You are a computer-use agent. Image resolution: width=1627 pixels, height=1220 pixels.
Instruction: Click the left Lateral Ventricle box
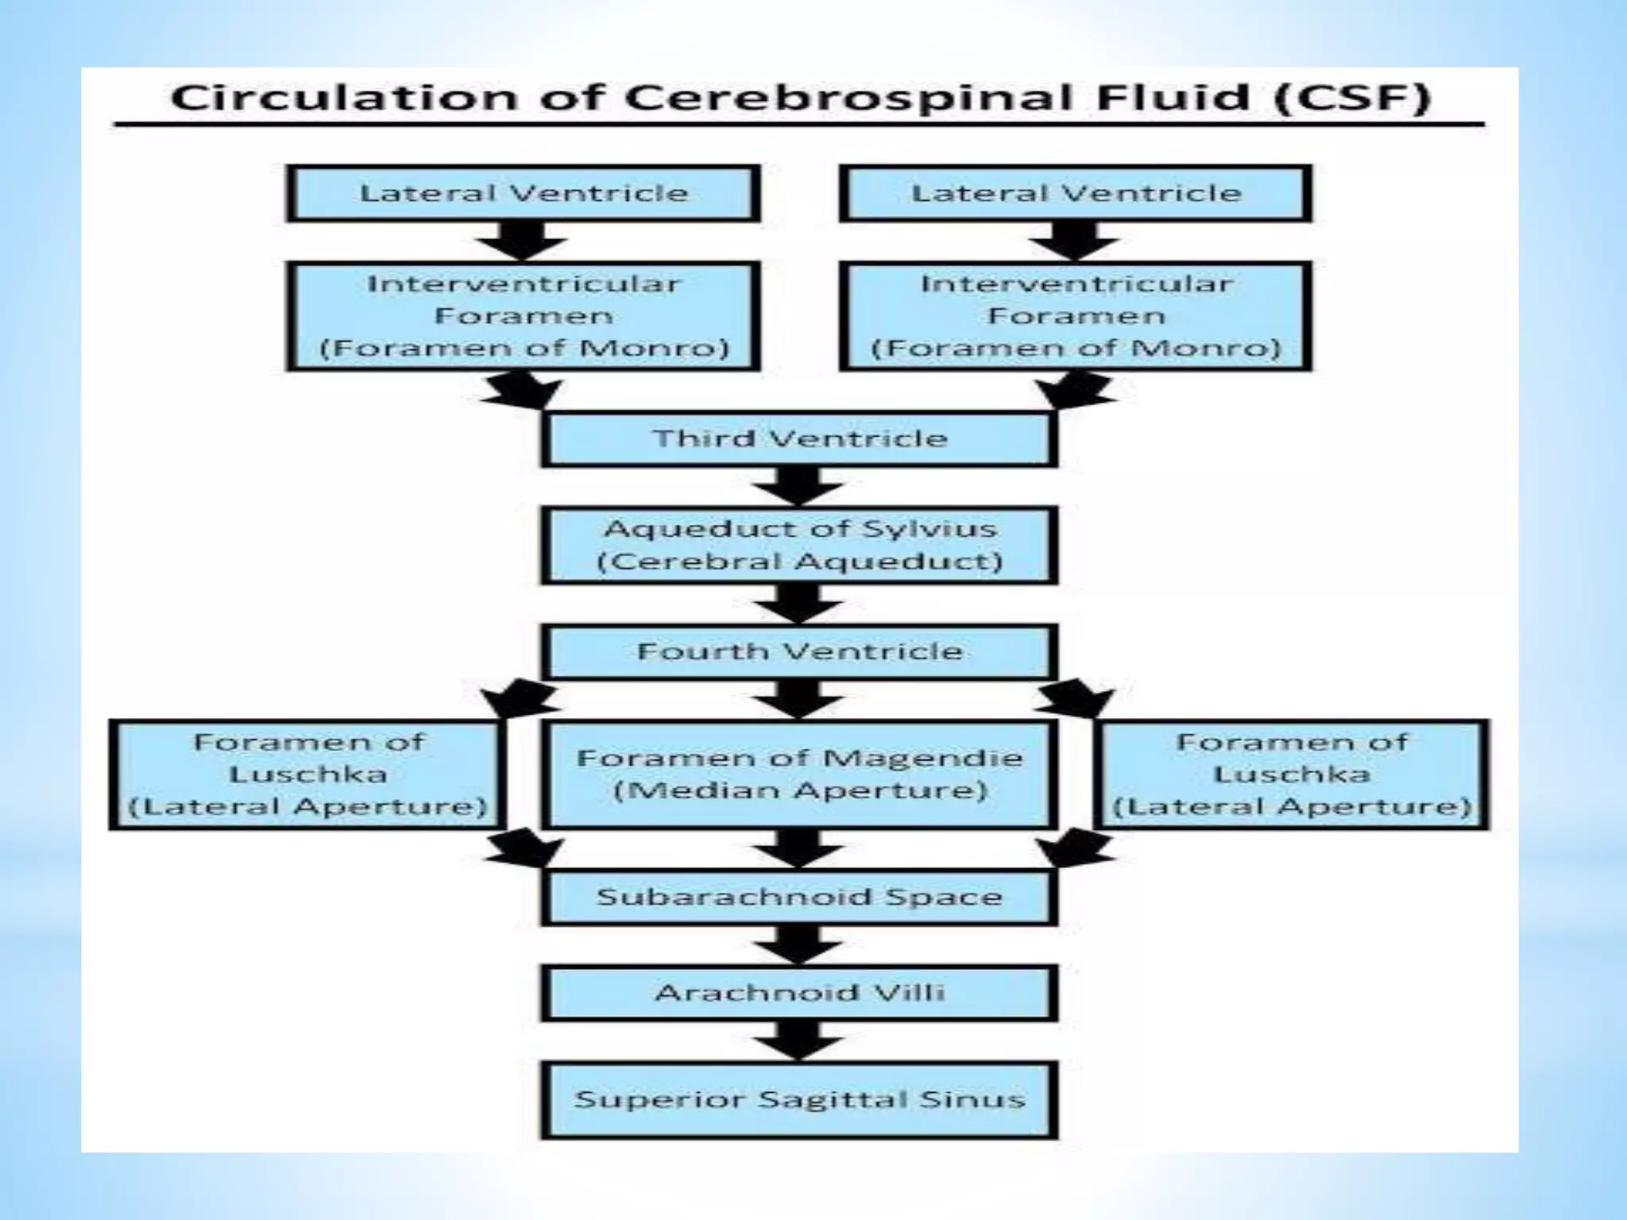[x=523, y=193]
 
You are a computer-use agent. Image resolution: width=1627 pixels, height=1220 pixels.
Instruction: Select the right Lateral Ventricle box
[x=1076, y=193]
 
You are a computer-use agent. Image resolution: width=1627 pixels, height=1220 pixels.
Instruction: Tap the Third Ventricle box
[x=799, y=438]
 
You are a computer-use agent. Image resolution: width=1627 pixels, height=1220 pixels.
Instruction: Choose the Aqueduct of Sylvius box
[x=799, y=546]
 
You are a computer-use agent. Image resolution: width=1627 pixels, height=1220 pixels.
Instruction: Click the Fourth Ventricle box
[x=799, y=651]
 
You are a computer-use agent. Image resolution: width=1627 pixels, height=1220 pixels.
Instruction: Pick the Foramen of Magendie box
[x=799, y=774]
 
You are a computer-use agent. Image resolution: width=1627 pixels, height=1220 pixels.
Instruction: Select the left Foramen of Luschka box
[x=307, y=774]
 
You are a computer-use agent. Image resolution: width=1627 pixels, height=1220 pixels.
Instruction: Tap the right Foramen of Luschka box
[x=1292, y=774]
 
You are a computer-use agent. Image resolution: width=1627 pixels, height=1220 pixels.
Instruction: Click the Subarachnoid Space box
[x=799, y=897]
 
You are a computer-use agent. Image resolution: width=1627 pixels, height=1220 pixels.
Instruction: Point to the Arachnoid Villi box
[x=799, y=993]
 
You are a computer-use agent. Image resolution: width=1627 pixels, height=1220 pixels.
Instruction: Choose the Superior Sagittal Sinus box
[x=799, y=1100]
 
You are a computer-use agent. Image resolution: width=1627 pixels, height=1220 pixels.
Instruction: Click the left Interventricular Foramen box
[x=523, y=316]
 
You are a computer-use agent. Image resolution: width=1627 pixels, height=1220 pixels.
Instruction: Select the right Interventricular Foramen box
[x=1076, y=316]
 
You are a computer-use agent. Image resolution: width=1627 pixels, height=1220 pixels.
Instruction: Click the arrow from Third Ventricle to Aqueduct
[x=799, y=485]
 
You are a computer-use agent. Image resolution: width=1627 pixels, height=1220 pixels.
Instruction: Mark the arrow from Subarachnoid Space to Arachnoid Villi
[x=799, y=944]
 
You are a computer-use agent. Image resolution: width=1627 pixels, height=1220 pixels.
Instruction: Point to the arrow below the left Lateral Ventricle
[x=523, y=241]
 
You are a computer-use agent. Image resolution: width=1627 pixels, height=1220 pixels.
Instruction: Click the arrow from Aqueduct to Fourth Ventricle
[x=799, y=604]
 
